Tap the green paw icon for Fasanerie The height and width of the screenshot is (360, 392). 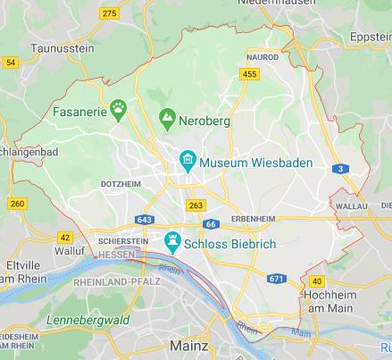tap(119, 109)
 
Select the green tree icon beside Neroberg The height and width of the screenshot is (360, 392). tap(166, 116)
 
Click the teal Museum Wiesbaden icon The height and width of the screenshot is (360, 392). tap(188, 163)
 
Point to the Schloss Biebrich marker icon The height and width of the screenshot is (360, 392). tap(172, 241)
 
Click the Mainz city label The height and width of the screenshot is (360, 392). tap(188, 345)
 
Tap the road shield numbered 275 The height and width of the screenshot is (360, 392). tap(110, 13)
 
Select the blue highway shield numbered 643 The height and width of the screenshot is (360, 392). tap(146, 220)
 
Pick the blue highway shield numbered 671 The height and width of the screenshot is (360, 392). tap(277, 280)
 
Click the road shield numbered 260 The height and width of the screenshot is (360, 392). tap(17, 204)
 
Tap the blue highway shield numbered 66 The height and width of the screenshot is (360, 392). tap(211, 224)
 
